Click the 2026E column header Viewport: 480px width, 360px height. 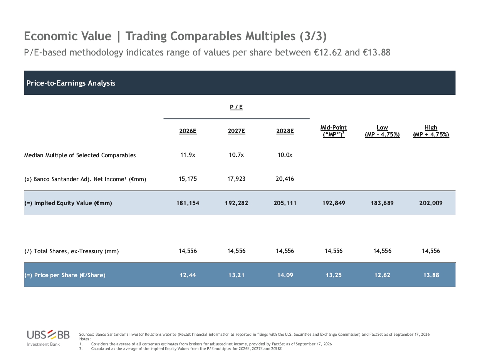point(188,131)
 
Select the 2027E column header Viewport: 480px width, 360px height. point(236,131)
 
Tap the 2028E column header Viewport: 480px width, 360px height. point(285,131)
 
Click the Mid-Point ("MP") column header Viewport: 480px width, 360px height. point(334,131)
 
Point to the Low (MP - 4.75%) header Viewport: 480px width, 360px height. point(382,131)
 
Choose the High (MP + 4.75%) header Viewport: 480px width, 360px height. point(431,131)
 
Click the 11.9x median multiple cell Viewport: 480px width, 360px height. point(188,155)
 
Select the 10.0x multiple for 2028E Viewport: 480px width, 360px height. point(285,155)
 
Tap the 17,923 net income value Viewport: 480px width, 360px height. point(236,179)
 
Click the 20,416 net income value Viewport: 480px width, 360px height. point(285,179)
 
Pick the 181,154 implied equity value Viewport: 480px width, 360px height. point(188,203)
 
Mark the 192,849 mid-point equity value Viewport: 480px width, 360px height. point(334,203)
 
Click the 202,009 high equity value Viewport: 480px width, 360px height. point(431,203)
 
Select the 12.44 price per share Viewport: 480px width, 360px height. point(188,275)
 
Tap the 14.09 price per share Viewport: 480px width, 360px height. point(285,275)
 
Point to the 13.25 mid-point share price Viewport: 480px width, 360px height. point(334,275)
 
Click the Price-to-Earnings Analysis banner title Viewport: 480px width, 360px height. point(70,83)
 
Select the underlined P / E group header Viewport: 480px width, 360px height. point(236,107)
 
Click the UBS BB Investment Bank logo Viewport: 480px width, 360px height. point(48,338)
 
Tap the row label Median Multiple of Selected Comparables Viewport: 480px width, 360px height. point(80,155)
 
